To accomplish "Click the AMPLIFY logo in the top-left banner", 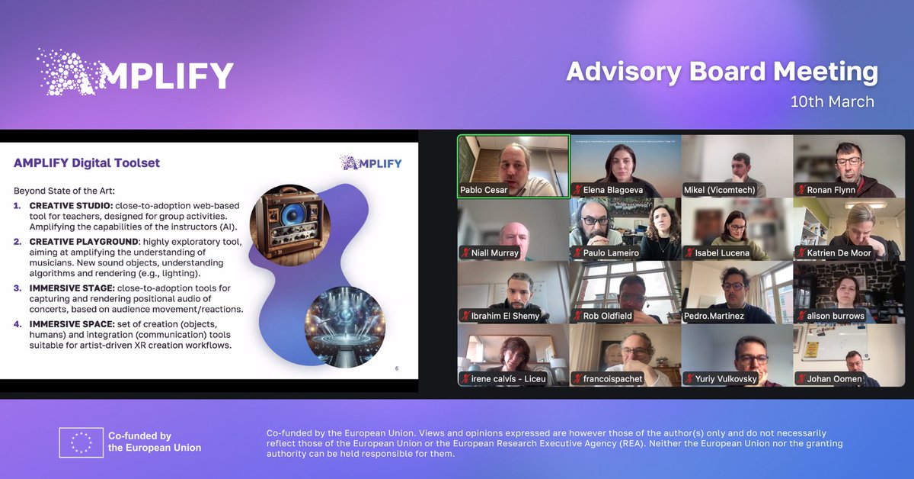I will pyautogui.click(x=136, y=73).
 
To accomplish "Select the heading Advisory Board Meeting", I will pyautogui.click(x=721, y=72).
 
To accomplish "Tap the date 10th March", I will pyautogui.click(x=832, y=101).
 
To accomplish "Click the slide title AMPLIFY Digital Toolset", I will pyautogui.click(x=87, y=162).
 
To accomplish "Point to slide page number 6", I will pyautogui.click(x=396, y=369).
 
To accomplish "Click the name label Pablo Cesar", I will pyautogui.click(x=484, y=190).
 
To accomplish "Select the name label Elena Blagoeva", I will pyautogui.click(x=613, y=190).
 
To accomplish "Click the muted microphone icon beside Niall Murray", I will pyautogui.click(x=464, y=253).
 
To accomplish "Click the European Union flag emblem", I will pyautogui.click(x=81, y=442).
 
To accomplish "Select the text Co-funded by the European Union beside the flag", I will pyautogui.click(x=155, y=442).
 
